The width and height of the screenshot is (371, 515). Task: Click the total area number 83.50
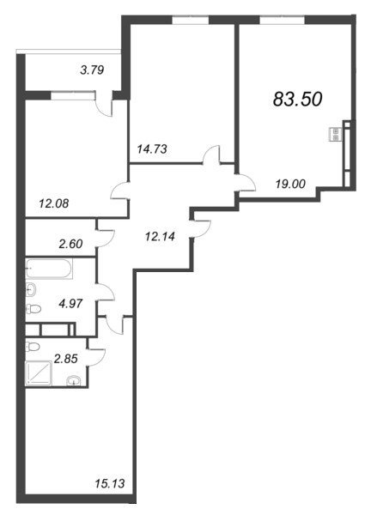[297, 99]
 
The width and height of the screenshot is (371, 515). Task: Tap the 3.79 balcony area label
[92, 70]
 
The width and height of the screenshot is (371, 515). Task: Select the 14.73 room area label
[152, 149]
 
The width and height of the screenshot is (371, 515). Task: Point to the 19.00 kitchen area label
[290, 184]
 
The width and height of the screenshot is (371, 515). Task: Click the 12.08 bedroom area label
[54, 203]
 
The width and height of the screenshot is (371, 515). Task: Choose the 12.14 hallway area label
[160, 236]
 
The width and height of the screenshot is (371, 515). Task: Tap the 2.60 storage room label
[70, 244]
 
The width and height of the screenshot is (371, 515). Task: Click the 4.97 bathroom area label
[70, 304]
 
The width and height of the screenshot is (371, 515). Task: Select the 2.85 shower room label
[66, 359]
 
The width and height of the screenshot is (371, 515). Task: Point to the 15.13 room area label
[110, 483]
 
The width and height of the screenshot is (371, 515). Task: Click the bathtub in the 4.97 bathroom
[49, 269]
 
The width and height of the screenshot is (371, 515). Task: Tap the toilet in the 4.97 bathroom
[33, 309]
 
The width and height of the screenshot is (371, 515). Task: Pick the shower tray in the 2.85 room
[39, 373]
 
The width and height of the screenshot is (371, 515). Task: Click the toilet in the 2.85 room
[32, 347]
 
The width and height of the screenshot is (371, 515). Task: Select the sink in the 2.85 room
[74, 380]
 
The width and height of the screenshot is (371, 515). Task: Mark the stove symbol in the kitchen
[336, 135]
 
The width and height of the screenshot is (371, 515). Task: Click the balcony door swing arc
[105, 108]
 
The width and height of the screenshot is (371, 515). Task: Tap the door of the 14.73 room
[211, 154]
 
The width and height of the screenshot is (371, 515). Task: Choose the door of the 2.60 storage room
[106, 238]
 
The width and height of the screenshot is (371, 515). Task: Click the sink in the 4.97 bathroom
[32, 290]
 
